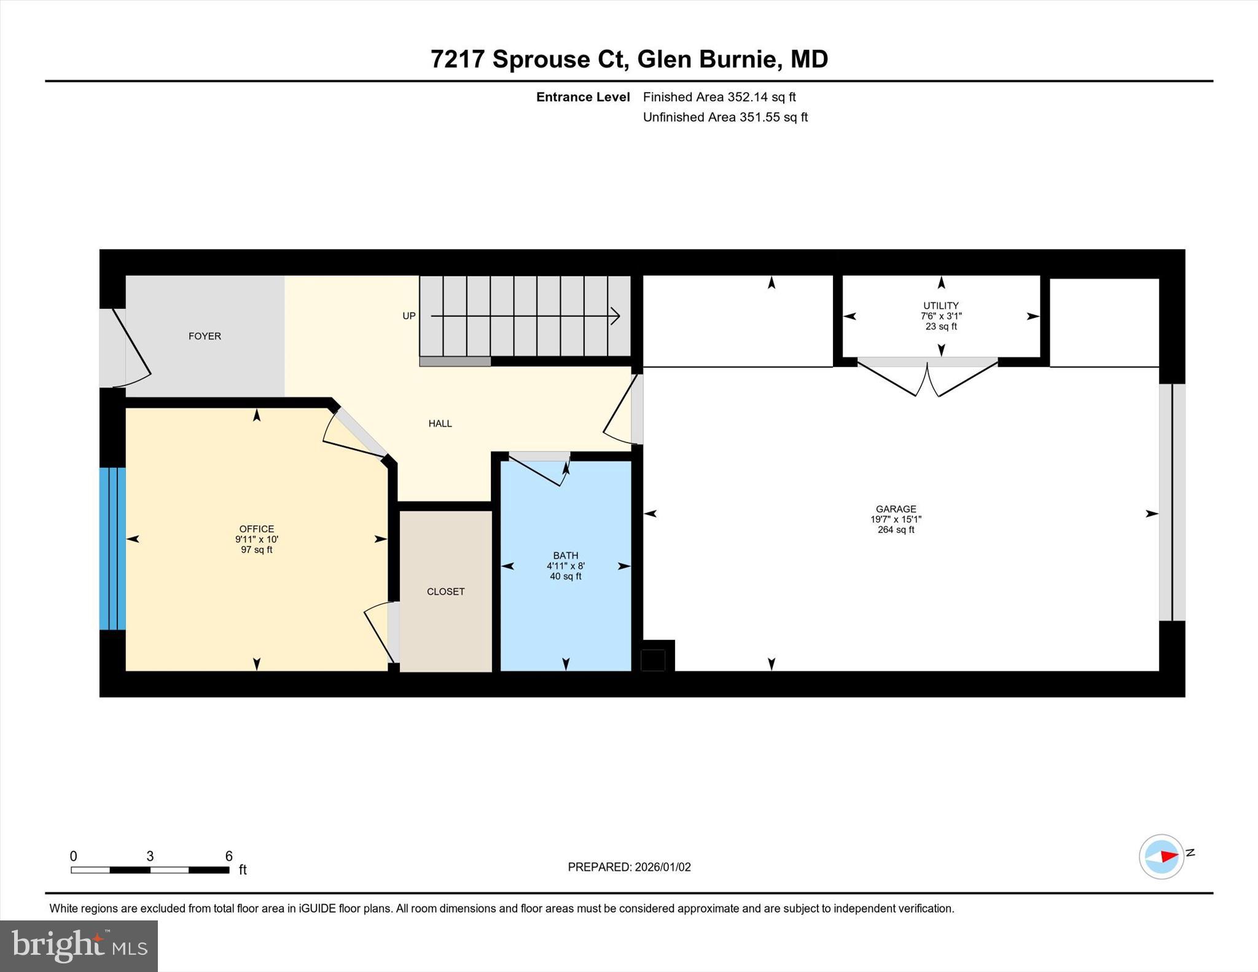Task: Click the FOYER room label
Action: (205, 336)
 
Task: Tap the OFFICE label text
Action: (257, 529)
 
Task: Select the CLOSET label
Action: (445, 591)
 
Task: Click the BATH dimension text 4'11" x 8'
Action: (565, 566)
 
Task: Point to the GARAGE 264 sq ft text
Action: (896, 530)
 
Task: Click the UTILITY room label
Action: (940, 305)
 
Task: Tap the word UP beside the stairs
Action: (408, 316)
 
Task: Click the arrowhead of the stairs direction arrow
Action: (615, 316)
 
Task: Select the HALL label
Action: (440, 423)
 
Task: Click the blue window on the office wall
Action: (112, 548)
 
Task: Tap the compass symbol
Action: (1161, 857)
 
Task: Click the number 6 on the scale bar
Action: (229, 856)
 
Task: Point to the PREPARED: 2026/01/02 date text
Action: (629, 867)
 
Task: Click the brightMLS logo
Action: (79, 946)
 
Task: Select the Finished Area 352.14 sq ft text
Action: (719, 97)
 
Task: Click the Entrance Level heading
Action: (582, 97)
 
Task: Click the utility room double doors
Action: (927, 376)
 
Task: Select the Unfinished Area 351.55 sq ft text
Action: (725, 117)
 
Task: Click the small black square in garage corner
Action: (653, 660)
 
